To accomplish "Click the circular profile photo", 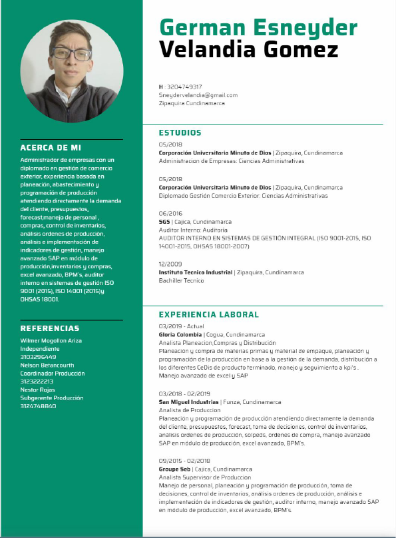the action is [x=72, y=71].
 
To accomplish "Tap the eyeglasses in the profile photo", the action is [x=74, y=53].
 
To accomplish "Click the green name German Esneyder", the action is [x=258, y=27].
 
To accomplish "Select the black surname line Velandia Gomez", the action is [x=248, y=49].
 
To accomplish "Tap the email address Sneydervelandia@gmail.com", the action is [x=198, y=95].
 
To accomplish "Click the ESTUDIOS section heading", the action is [x=180, y=133].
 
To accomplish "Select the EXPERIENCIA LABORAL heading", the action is [x=208, y=314].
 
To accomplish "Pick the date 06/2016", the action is [x=170, y=214].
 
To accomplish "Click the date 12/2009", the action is [x=170, y=265].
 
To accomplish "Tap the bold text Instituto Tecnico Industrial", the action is [x=195, y=273].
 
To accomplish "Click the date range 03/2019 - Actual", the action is [x=181, y=327].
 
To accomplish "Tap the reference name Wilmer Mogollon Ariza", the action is [x=51, y=340].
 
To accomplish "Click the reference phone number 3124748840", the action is [x=38, y=406].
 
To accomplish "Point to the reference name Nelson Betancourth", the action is [x=48, y=365].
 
